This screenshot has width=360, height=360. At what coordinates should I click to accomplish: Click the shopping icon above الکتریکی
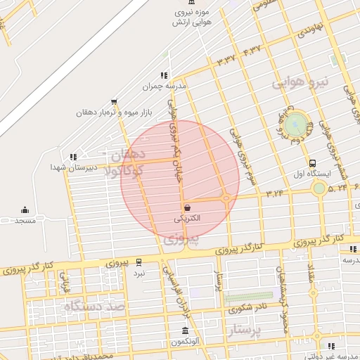click(187, 207)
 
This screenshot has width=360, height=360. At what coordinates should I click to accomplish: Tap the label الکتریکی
click(187, 219)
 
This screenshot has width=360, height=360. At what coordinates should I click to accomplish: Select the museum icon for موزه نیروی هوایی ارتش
click(193, 3)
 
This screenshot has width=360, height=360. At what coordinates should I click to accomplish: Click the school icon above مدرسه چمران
click(164, 75)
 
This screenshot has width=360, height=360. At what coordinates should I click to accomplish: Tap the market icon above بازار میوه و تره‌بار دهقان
click(115, 102)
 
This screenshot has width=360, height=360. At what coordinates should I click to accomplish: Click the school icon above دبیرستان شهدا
click(72, 157)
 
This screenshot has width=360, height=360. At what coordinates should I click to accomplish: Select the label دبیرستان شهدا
click(68, 167)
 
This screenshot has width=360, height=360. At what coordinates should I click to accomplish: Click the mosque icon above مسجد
click(25, 210)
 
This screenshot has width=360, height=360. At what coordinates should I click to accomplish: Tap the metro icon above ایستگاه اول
click(312, 162)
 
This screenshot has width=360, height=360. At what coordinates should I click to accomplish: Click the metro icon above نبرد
click(139, 261)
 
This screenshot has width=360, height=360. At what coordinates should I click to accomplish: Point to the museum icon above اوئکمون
click(185, 330)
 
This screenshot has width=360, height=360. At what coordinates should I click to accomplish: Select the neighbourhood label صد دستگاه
click(94, 307)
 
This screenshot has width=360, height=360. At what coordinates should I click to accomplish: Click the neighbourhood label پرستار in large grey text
click(245, 329)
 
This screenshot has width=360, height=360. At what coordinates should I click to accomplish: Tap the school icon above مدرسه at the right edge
click(353, 249)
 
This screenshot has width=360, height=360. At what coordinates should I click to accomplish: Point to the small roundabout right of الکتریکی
click(226, 198)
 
